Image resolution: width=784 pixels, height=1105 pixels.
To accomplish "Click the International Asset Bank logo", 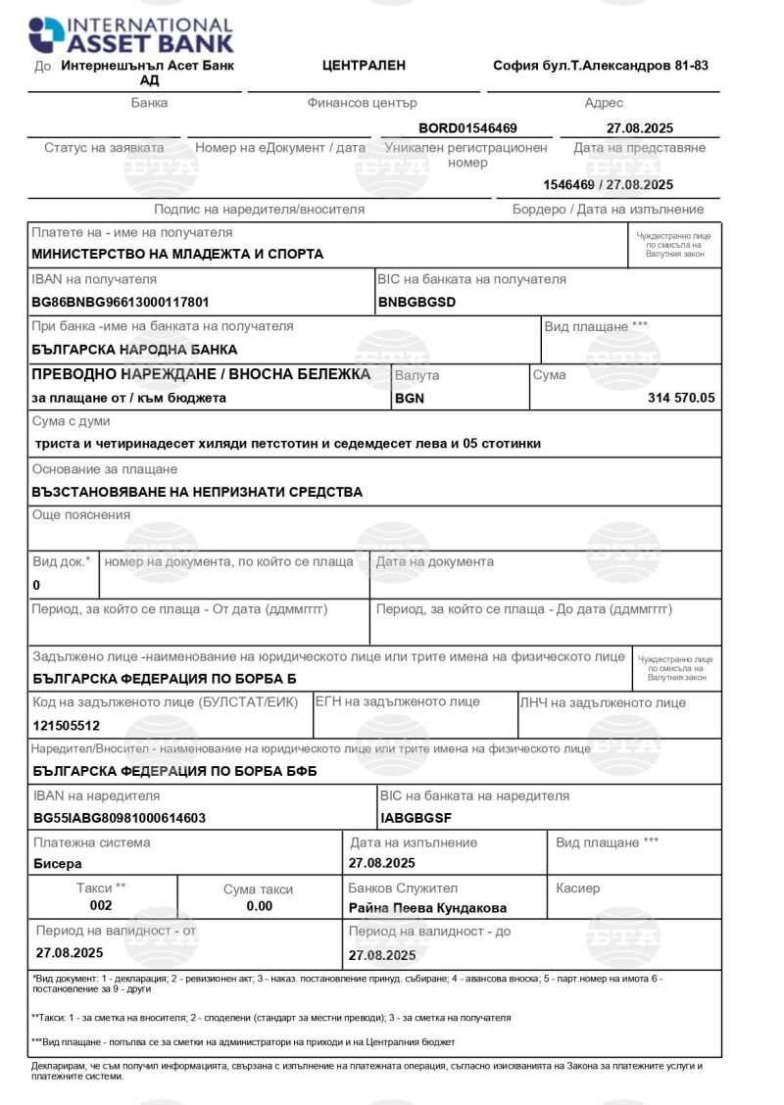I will [131, 34].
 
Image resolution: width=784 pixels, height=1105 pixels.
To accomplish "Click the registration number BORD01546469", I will [467, 127].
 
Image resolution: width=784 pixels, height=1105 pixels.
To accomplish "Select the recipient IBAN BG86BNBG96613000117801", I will [121, 302].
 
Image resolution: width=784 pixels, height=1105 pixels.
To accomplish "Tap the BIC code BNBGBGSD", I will [416, 302].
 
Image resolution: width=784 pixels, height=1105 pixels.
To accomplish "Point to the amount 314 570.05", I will [681, 398].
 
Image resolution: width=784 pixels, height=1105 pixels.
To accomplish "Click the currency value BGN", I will [410, 399].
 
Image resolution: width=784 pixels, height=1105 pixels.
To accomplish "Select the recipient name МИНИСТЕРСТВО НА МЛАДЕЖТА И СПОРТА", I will [177, 254].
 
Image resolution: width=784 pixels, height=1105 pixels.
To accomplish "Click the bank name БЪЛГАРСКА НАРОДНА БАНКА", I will [134, 349].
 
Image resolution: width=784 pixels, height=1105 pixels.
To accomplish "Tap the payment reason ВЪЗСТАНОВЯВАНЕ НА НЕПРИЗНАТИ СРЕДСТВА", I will [197, 492].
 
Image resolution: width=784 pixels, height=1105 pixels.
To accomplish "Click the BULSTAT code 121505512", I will [67, 726].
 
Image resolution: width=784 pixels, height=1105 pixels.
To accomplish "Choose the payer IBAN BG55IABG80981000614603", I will [120, 817].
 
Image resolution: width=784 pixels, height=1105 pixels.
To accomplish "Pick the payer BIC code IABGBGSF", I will [416, 817].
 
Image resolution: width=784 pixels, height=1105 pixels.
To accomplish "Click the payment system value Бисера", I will [58, 864].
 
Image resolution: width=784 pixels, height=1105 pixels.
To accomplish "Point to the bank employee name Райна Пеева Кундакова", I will [427, 908].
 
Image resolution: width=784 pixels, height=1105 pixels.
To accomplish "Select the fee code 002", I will [101, 906].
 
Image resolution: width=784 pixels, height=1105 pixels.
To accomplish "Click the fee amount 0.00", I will [259, 906].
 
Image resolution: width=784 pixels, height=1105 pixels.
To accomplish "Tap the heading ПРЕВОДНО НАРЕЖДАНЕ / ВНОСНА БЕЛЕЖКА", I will [201, 374].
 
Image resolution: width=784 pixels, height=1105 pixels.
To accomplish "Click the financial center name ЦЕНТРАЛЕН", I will [364, 66].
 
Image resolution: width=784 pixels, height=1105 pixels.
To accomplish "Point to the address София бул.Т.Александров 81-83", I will [601, 66].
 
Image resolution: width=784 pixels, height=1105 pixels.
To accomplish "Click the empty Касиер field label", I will [578, 889].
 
